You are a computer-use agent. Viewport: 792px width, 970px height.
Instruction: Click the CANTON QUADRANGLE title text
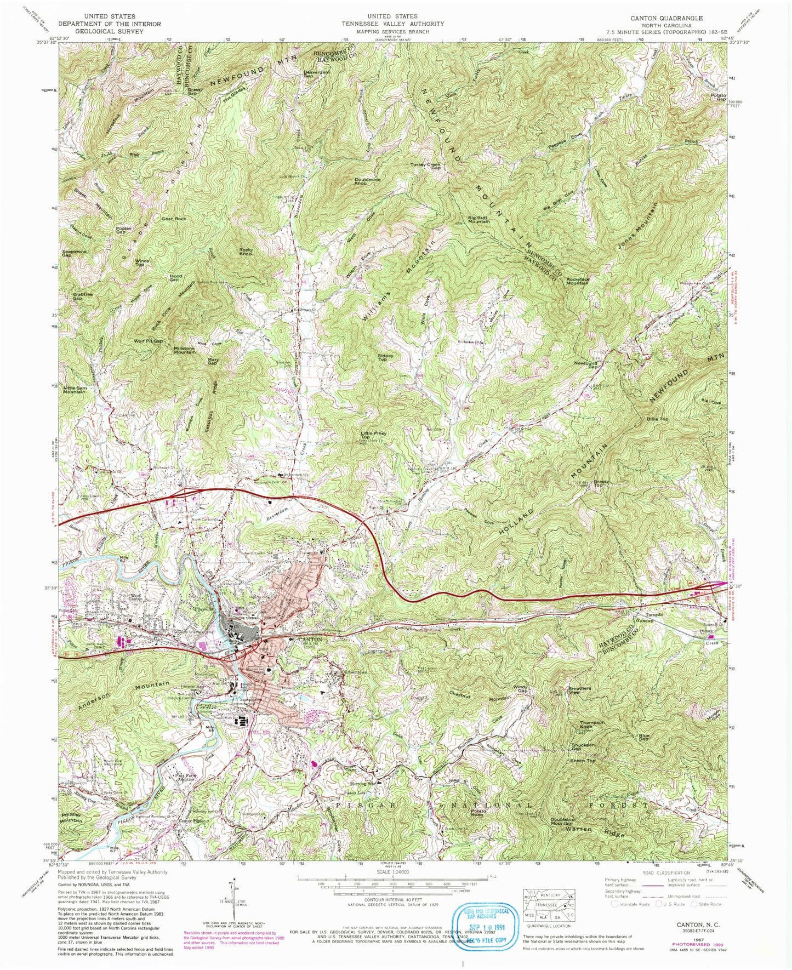click(666, 18)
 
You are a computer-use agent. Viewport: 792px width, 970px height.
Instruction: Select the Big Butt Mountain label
click(478, 219)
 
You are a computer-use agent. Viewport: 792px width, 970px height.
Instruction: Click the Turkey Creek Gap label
click(428, 166)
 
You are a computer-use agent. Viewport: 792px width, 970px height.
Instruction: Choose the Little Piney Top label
click(373, 435)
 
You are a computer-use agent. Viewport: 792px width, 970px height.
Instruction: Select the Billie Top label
click(657, 419)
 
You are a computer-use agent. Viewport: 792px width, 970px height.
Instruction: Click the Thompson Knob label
click(592, 724)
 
